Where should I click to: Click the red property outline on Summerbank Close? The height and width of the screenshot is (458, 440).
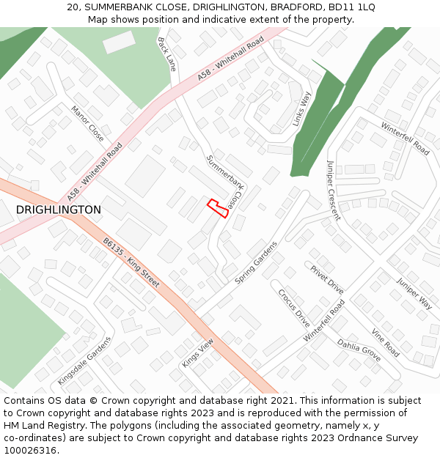pyautogui.click(x=218, y=207)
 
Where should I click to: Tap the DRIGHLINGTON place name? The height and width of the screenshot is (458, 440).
pyautogui.click(x=59, y=210)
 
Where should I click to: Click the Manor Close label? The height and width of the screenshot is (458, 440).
pyautogui.click(x=87, y=123)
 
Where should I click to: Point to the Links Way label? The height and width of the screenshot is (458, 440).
pyautogui.click(x=302, y=109)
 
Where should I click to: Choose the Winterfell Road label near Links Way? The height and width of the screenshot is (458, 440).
pyautogui.click(x=405, y=138)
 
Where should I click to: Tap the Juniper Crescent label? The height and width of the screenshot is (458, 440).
pyautogui.click(x=334, y=190)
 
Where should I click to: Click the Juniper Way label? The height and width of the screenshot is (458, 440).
pyautogui.click(x=414, y=292)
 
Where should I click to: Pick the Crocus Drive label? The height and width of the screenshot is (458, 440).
pyautogui.click(x=294, y=307)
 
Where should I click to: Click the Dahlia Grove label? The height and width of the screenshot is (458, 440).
pyautogui.click(x=359, y=351)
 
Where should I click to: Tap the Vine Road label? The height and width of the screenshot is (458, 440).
pyautogui.click(x=385, y=342)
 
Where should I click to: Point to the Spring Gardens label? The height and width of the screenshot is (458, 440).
pyautogui.click(x=257, y=262)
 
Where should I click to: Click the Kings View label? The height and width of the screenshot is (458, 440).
pyautogui.click(x=197, y=353)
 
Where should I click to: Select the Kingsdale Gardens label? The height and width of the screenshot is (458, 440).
pyautogui.click(x=84, y=361)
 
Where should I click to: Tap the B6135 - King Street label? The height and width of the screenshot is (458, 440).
pyautogui.click(x=131, y=262)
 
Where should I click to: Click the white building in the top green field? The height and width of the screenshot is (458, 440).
pyautogui.click(x=119, y=42)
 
